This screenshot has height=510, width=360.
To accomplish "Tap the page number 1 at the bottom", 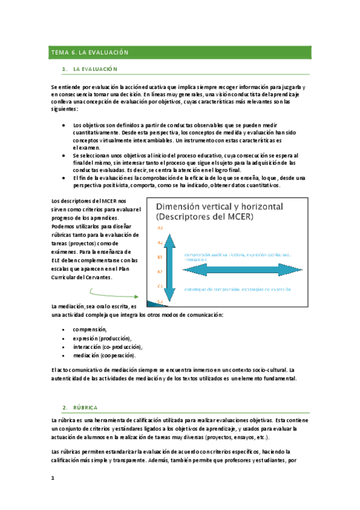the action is tap(53, 478).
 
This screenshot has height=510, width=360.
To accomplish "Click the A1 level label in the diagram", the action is tap(160, 229).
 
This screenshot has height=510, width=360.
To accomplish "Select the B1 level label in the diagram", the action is tap(160, 257).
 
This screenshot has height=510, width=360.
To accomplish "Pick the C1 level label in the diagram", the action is tap(160, 286).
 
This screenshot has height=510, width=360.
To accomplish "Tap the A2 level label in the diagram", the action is tap(160, 243).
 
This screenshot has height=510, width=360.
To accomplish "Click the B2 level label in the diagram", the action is tap(160, 272).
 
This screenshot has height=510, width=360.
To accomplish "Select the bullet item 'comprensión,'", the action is tap(90, 330).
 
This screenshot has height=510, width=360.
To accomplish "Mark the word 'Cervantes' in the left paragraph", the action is tap(98, 277).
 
